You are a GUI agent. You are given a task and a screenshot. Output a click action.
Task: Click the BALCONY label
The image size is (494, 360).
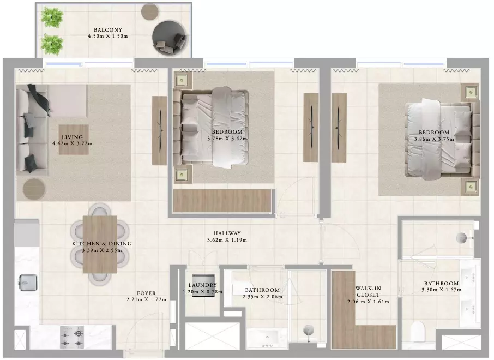coord(108,29)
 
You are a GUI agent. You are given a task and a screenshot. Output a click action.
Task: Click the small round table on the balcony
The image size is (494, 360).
coord(149,11)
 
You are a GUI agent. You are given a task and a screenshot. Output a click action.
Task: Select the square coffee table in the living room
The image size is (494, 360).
coord(74,140)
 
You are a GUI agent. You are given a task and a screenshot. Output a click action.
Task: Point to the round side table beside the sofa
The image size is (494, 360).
coord(34,189)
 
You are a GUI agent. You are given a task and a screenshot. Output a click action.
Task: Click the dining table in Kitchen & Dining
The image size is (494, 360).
coord(100,244)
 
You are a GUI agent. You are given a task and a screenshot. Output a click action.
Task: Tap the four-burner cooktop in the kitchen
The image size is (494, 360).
coord(72,337)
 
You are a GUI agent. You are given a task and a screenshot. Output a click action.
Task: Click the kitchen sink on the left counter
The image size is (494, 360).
coord(28,283)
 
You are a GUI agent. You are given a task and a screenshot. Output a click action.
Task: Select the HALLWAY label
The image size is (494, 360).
coord(227,233)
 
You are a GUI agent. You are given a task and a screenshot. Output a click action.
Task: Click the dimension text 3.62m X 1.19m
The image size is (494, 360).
coord(227,240)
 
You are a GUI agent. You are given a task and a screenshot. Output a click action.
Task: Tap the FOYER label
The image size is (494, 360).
coord(146,293)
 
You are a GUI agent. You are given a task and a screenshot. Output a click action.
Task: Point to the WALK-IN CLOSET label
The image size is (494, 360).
coord(368,292)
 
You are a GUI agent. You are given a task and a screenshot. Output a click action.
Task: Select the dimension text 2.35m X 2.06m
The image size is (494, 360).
coord(262,297)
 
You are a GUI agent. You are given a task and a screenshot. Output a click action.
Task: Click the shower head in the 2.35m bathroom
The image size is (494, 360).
coord(309,331)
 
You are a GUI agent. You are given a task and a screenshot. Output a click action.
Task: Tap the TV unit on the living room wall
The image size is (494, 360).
coord(159,130)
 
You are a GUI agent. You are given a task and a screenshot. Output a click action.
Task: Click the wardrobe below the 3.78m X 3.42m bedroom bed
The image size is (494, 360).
coord(222,201)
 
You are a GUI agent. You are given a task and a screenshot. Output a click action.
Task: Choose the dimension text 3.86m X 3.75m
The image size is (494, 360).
coord(434,139)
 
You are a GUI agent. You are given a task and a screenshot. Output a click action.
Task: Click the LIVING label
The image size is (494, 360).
coord(72,137)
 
